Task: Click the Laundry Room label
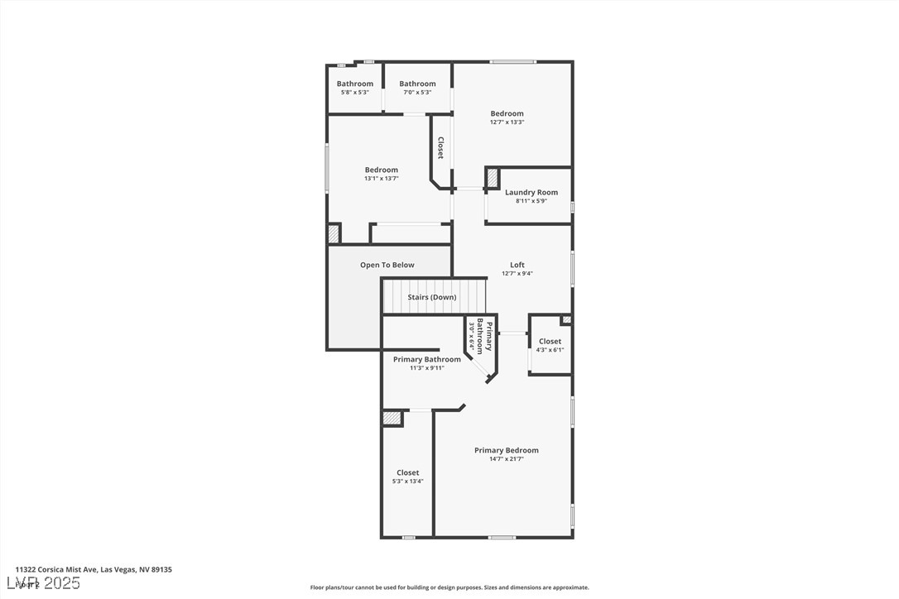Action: pos(531,192)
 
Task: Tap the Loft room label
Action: pos(517,265)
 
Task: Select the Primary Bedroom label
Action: pos(506,450)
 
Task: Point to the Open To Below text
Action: pos(387,265)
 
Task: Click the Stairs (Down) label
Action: pos(431,297)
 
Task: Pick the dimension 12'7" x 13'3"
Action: pos(507,122)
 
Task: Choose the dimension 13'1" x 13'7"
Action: pos(381,179)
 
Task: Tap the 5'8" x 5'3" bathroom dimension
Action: pos(354,92)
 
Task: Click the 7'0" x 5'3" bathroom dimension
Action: pos(417,92)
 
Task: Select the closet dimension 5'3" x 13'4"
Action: pos(407,482)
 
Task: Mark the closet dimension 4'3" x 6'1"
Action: pos(550,350)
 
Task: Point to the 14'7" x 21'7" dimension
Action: pos(506,459)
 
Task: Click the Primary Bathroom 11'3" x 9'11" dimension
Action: pos(426,368)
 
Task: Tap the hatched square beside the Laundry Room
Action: pos(492,178)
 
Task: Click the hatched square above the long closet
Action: pos(392,419)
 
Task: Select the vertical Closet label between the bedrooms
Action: pos(440,148)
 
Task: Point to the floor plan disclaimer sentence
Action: pos(449,587)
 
